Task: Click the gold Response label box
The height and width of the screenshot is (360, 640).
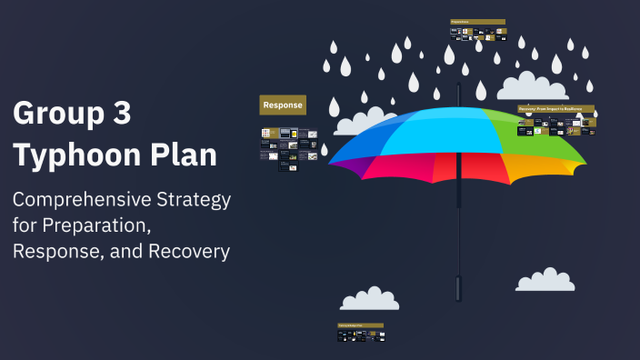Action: (x=283, y=105)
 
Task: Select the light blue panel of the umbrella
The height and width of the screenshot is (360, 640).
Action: (x=427, y=132)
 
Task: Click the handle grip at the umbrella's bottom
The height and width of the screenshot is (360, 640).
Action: (x=459, y=288)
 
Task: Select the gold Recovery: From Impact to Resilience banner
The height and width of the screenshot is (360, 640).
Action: (x=555, y=108)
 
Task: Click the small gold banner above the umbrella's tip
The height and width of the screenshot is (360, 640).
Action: (x=477, y=21)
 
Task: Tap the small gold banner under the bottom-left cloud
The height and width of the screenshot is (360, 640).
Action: (x=360, y=325)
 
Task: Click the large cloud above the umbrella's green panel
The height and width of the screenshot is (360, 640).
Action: (x=533, y=86)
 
